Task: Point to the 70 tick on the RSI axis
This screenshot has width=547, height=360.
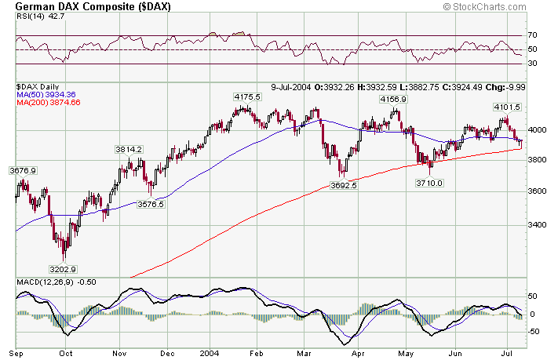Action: click(x=532, y=36)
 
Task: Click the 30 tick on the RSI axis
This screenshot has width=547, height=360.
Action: click(x=532, y=64)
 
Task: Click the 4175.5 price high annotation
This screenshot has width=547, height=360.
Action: click(x=246, y=96)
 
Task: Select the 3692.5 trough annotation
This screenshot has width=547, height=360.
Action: click(x=344, y=186)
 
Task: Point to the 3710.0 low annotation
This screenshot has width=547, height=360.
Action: click(x=429, y=183)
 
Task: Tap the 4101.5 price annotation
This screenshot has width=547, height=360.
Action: click(x=507, y=106)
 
